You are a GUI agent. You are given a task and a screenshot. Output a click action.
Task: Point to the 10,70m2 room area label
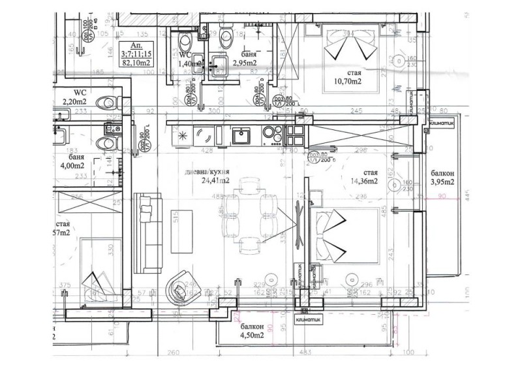coord(347,82)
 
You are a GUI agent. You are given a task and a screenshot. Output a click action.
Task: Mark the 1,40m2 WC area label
coord(188,63)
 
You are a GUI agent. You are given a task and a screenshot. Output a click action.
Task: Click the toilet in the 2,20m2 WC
coord(106,102)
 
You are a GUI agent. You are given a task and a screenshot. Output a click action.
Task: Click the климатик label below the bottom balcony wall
coord(305,319)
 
